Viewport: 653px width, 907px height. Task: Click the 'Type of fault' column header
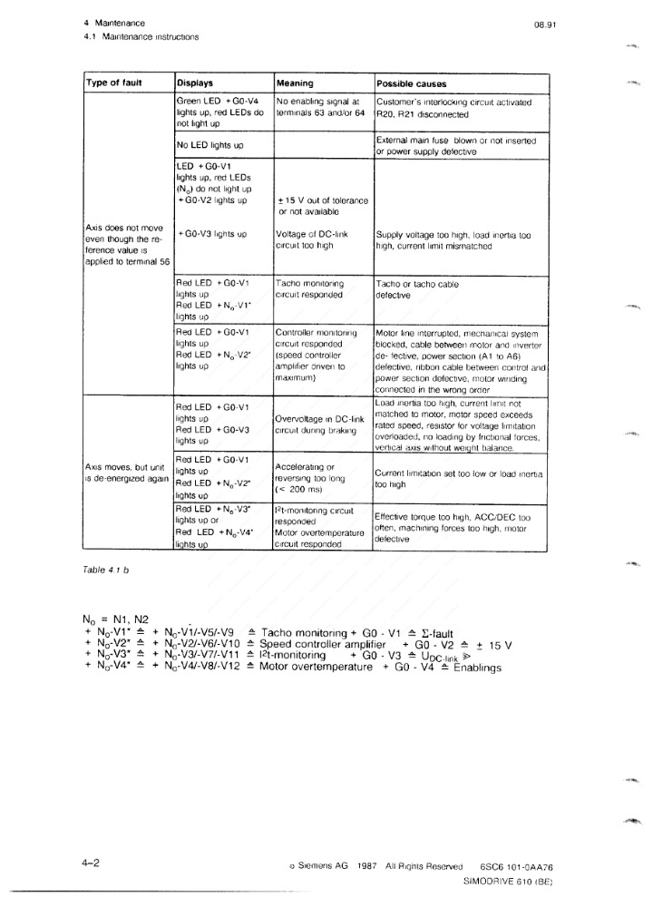coord(112,83)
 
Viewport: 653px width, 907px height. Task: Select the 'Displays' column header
coord(195,83)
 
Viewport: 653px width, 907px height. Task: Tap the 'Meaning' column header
coord(295,83)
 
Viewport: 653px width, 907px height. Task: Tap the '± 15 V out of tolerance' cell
coord(322,206)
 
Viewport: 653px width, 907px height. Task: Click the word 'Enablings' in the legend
coord(476,668)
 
